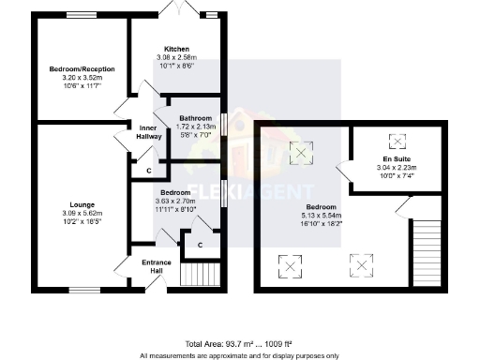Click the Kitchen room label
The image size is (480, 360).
point(176,49)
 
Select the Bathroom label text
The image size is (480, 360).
point(196,117)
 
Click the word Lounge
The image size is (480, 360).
point(82,203)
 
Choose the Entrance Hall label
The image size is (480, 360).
point(151,266)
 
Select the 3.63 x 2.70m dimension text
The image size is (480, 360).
point(175,201)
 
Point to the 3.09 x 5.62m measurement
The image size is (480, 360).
point(82,215)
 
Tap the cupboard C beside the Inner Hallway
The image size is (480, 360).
point(149,170)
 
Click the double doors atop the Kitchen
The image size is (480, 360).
point(176,9)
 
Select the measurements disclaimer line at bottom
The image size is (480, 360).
point(239,355)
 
